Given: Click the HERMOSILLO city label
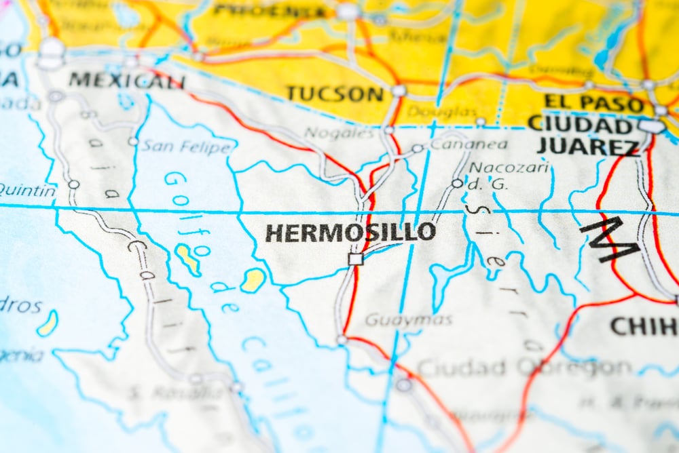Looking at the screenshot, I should coord(350,233).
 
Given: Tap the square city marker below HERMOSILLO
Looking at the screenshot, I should coord(355,258).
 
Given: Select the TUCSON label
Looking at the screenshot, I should coord(335,94).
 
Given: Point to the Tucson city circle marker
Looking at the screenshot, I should coord(399,90).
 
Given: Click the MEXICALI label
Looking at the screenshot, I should coord(127,81).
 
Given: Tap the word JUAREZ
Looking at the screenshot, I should coord(587,146).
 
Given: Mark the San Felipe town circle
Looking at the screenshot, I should coord(133,142).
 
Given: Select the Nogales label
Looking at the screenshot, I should coord(339,133).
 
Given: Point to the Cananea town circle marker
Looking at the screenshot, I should coord(417,148).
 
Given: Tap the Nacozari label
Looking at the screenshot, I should coord(509,167).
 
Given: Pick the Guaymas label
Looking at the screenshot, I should coord(408,319).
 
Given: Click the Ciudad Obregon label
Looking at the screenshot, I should coord(523,368).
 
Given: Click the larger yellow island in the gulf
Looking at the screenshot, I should coord(188,259).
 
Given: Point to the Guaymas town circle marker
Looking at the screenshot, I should coord(342,340).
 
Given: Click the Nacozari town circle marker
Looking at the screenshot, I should coord(457,183).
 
